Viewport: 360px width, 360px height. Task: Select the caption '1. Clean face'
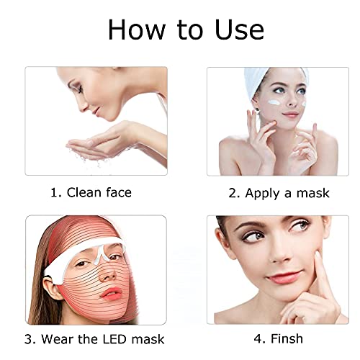tap(91, 193)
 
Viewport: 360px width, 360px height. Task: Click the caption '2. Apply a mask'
tap(279, 193)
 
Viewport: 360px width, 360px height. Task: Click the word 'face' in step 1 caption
tap(116, 193)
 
